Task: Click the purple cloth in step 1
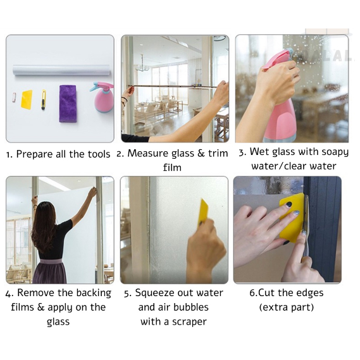(68, 103)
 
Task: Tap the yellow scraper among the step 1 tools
(27, 99)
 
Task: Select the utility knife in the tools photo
(44, 99)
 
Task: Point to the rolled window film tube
(61, 70)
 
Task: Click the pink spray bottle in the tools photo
(102, 97)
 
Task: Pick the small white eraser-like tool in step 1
(14, 97)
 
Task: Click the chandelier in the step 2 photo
(142, 65)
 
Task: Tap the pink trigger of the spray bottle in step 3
(275, 59)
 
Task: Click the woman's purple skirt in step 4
(50, 271)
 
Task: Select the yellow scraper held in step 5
(203, 211)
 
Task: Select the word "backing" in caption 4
(94, 294)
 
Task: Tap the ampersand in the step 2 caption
(201, 153)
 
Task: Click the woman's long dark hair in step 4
(44, 225)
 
